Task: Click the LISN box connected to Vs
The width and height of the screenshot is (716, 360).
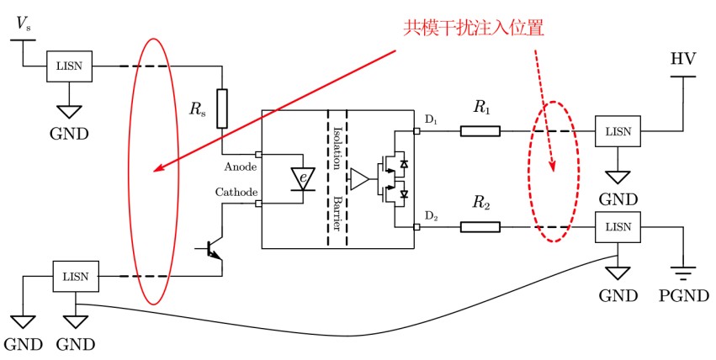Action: (x=69, y=66)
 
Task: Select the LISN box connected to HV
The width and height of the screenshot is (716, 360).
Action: (x=618, y=131)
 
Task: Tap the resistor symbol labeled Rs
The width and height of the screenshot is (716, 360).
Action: (x=222, y=109)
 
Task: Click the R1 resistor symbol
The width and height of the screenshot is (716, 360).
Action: (x=480, y=131)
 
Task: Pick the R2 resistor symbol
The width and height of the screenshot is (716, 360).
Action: (x=480, y=227)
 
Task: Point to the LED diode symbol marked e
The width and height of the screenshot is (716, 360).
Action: (x=303, y=179)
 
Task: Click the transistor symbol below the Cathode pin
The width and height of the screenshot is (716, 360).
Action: (x=211, y=249)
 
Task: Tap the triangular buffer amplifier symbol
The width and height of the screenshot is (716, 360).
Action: (x=359, y=179)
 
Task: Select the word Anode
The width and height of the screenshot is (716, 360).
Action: (x=240, y=167)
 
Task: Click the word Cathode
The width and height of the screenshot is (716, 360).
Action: (x=236, y=192)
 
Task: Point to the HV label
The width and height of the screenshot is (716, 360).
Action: (x=683, y=59)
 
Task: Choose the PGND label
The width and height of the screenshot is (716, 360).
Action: (x=683, y=296)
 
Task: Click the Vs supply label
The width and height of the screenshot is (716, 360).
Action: (x=24, y=24)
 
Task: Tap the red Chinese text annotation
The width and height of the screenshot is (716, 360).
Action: (x=474, y=28)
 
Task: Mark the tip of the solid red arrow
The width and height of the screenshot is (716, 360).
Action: (x=153, y=172)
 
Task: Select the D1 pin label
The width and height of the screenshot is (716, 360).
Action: (x=431, y=120)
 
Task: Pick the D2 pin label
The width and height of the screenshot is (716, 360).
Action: (x=432, y=216)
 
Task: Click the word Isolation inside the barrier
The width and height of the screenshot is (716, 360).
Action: (x=337, y=148)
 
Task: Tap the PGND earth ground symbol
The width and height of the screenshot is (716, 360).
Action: (x=683, y=273)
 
